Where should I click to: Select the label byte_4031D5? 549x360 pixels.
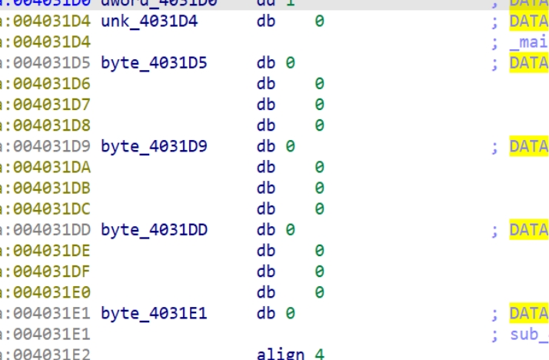pos(154,63)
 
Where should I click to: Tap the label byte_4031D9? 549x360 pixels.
pos(154,146)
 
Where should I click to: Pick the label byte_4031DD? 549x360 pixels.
pos(154,230)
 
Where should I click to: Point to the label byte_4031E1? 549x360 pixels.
pos(154,314)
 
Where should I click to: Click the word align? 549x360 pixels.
pos(281,354)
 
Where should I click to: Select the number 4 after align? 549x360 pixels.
pos(319,354)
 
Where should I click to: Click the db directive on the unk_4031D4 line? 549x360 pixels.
pos(266,22)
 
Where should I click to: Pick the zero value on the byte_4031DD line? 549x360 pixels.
pos(291,230)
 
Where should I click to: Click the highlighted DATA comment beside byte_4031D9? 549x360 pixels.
pos(529,146)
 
